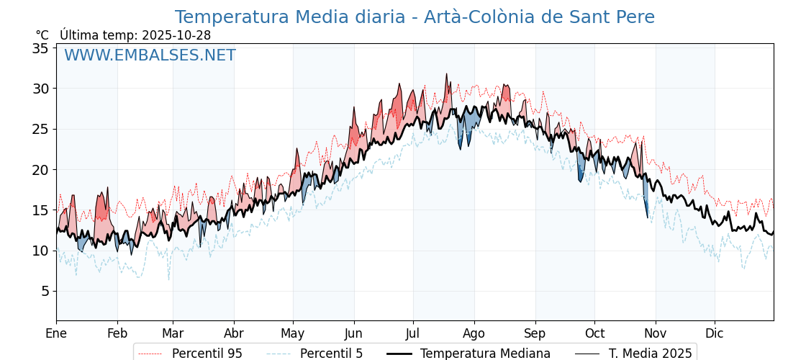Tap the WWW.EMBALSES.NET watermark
tap(150, 55)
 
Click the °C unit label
tap(42, 35)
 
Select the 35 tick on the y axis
tap(40, 48)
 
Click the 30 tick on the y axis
tap(40, 89)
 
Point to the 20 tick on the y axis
tap(40, 170)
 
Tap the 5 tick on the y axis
tap(44, 292)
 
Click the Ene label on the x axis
tap(56, 333)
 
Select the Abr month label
tap(234, 333)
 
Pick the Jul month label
tap(413, 333)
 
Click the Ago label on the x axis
tap(474, 333)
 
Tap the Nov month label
tap(656, 333)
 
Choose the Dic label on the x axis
tap(715, 333)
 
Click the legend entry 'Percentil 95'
tap(207, 354)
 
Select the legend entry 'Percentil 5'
tap(331, 354)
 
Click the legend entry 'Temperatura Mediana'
tap(485, 354)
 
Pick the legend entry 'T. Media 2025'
tap(650, 354)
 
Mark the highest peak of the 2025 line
tap(446, 74)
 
